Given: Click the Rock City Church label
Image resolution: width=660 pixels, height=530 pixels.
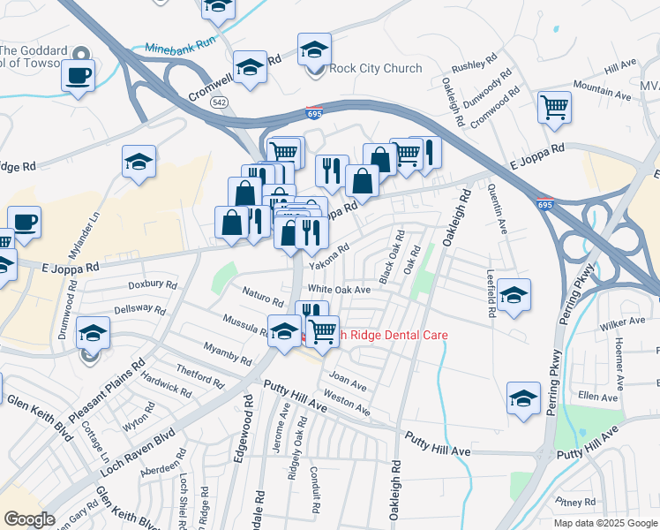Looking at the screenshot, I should pyautogui.click(x=375, y=69).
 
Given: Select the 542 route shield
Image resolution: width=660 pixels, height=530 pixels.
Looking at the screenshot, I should pyautogui.click(x=217, y=102).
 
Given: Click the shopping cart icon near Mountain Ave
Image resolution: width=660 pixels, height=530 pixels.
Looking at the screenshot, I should pyautogui.click(x=554, y=108).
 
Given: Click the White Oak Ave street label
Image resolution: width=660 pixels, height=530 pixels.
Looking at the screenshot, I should pyautogui.click(x=338, y=290).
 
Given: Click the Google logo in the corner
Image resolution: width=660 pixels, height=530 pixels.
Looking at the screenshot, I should pyautogui.click(x=29, y=519).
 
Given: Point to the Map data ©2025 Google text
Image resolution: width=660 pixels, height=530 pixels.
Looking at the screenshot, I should pyautogui.click(x=606, y=523).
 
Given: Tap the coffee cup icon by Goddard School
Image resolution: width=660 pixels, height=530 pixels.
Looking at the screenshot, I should pyautogui.click(x=78, y=74).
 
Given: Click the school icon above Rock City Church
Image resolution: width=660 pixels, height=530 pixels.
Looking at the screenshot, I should pyautogui.click(x=314, y=50).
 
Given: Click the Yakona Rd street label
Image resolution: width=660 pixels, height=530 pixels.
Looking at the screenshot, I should pyautogui.click(x=329, y=257).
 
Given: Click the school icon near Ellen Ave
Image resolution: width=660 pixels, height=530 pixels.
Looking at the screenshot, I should pyautogui.click(x=523, y=397).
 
